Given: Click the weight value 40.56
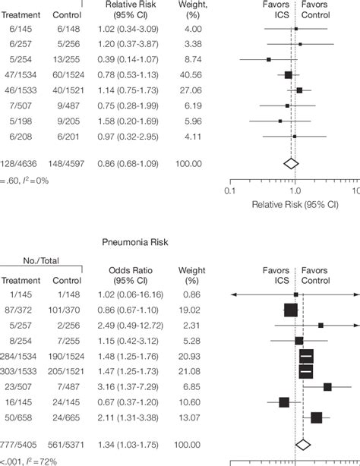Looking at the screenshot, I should pyautogui.click(x=189, y=75).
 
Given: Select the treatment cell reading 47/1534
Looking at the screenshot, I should pyautogui.click(x=19, y=75).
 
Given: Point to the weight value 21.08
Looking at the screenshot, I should pyautogui.click(x=189, y=371).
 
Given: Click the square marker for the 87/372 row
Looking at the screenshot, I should pyautogui.click(x=290, y=309).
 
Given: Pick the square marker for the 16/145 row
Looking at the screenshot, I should pyautogui.click(x=283, y=402).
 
